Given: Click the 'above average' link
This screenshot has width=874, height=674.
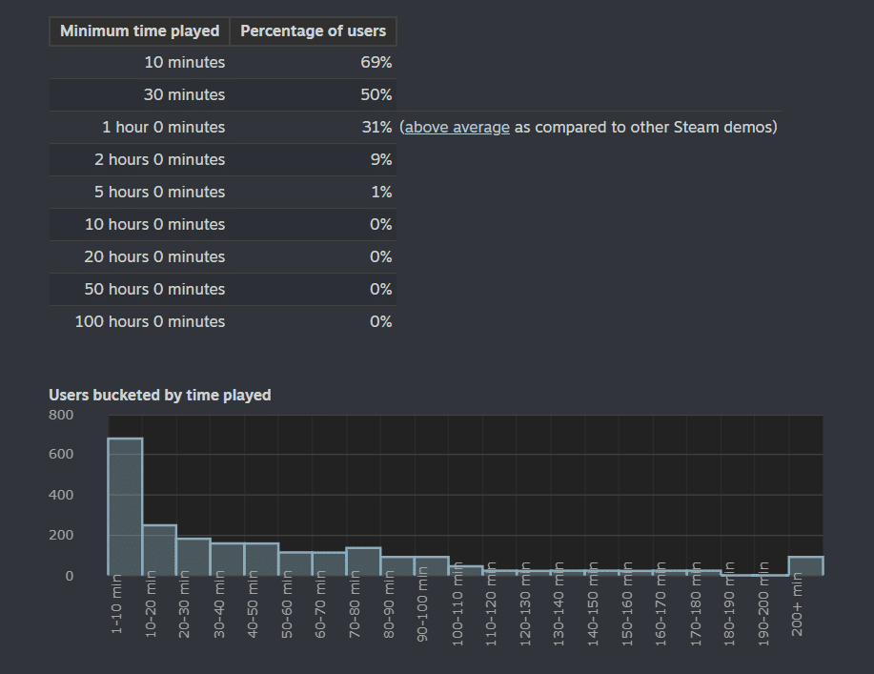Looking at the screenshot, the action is [x=457, y=127].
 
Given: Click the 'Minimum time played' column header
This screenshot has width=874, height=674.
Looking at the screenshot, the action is [x=139, y=31].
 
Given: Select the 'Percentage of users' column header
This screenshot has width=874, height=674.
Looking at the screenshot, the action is [x=313, y=31].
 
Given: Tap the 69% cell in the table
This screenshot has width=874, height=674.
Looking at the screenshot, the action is [x=376, y=62].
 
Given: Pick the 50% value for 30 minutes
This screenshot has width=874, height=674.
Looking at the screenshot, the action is [x=376, y=94].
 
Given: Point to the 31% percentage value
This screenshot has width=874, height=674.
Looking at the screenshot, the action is [x=376, y=127].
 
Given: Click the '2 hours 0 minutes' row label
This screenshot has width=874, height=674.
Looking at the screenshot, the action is [x=159, y=159].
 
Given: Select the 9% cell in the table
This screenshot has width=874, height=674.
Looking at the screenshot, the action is [x=381, y=159].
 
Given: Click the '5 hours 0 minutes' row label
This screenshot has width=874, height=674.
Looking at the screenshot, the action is [x=159, y=192].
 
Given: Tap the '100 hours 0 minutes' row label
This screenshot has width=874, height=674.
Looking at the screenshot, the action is [x=150, y=321].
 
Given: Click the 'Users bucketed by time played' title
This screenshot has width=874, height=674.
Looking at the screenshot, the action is [x=160, y=395].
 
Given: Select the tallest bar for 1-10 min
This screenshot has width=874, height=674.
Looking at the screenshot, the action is [x=125, y=507].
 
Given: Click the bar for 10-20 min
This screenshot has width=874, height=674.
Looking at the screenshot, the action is [x=159, y=550].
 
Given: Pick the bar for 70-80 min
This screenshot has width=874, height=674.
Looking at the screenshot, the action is [x=363, y=562].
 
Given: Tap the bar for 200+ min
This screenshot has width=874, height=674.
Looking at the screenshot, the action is [x=806, y=566].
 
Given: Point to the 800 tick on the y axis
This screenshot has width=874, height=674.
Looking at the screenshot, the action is [x=61, y=415].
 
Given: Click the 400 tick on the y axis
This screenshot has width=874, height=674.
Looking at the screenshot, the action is [x=61, y=495].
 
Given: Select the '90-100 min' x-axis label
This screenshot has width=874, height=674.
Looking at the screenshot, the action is [x=422, y=604].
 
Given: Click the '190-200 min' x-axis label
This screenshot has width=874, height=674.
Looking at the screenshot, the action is [x=763, y=604].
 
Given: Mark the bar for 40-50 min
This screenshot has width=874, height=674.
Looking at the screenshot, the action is [x=261, y=560].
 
